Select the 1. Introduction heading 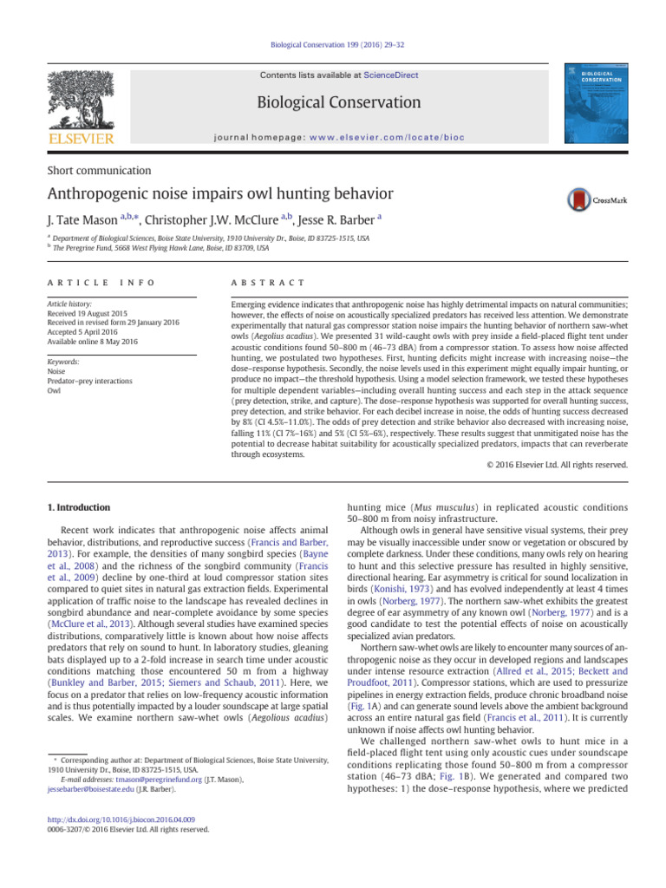(x=77, y=507)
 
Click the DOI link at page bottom (x=120, y=818)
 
